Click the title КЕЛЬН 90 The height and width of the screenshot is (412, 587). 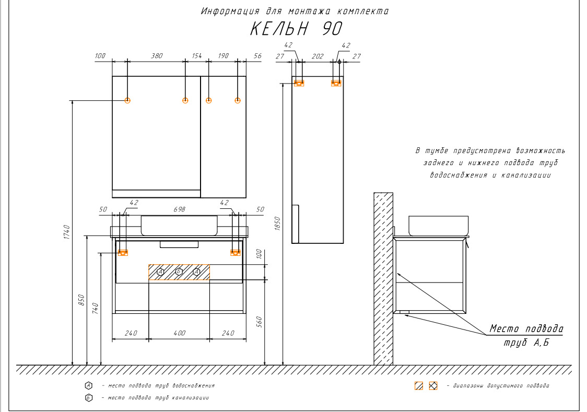click(296, 29)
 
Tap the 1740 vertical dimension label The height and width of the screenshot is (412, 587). click(67, 232)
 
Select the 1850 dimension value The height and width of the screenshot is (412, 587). click(277, 223)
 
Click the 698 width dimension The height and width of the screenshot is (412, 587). click(179, 209)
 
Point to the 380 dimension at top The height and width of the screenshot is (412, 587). click(157, 56)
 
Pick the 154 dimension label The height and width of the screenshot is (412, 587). click(197, 56)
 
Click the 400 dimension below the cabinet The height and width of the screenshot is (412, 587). click(179, 333)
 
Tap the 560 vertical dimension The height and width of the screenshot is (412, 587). click(259, 322)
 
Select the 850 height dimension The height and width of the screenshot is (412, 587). click(81, 300)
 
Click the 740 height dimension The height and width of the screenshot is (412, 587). click(96, 308)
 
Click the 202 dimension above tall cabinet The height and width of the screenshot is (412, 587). click(318, 56)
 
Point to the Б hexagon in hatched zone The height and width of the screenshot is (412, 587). click(179, 272)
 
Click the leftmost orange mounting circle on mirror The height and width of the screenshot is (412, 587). click(127, 100)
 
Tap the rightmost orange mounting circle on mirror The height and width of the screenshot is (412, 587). click(237, 100)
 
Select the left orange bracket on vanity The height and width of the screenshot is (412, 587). click(123, 253)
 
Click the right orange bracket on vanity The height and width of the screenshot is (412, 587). click(236, 253)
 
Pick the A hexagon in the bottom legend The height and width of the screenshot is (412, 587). click(89, 385)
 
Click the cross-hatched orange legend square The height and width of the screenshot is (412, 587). click(433, 386)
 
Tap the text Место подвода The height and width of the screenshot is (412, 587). click(526, 329)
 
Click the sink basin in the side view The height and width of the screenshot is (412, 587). click(438, 226)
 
